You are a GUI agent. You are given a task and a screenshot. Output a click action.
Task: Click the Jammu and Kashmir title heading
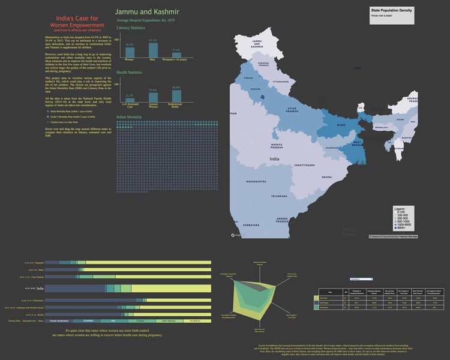tap(146, 12)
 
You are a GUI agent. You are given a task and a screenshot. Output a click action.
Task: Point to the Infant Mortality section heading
tap(129, 116)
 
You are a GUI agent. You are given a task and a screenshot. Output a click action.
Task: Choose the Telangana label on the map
tap(279, 196)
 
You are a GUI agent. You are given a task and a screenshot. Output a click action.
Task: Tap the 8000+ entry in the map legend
tap(401, 227)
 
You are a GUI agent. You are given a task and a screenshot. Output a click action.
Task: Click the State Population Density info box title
tap(391, 11)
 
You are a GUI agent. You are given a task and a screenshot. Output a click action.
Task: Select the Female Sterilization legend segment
tap(62, 322)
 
